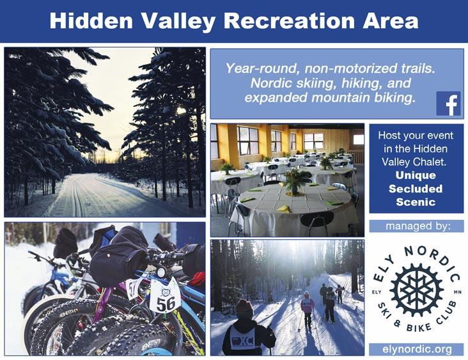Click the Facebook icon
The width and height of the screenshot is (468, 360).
448,104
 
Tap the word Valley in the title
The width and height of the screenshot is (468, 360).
178,21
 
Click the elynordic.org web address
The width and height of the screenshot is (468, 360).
417,349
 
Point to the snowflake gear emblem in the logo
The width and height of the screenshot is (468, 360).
416,290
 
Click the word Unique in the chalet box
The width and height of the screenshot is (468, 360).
416,175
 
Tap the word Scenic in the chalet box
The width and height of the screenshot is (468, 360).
416,202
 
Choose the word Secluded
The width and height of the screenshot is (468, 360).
416,189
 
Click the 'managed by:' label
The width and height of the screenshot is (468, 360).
417,226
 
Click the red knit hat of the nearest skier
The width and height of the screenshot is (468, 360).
245,308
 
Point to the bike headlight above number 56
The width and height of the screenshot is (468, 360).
161,272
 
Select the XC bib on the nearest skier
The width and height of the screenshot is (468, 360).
243,339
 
